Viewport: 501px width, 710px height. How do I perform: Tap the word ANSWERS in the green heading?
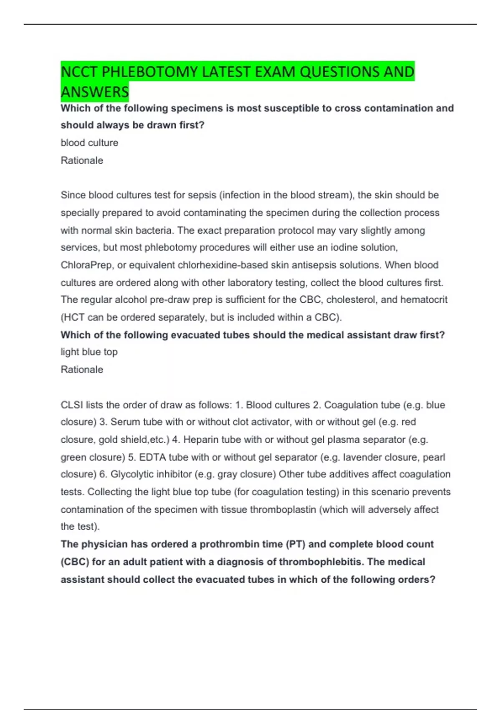[x=95, y=92]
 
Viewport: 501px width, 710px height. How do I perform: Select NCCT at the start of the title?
[x=79, y=72]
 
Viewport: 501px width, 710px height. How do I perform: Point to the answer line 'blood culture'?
[x=89, y=143]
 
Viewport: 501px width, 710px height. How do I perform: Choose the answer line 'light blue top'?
[x=89, y=352]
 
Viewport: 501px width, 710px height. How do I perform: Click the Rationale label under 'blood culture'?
[x=82, y=160]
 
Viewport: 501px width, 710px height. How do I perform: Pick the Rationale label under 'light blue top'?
[x=82, y=370]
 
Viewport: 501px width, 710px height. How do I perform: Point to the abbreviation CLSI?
[x=71, y=405]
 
